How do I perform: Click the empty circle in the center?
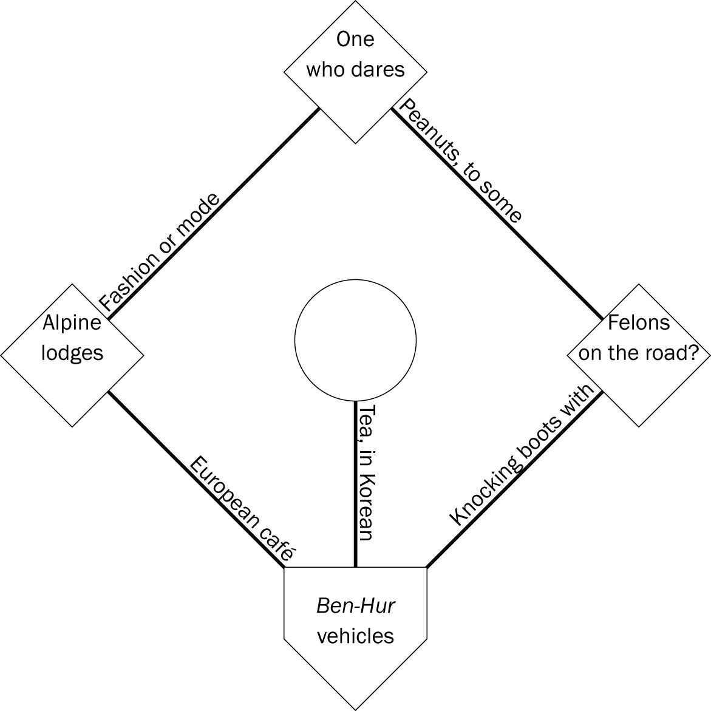pyautogui.click(x=355, y=341)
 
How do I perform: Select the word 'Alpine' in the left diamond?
pyautogui.click(x=72, y=322)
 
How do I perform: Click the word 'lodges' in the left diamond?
pyautogui.click(x=72, y=353)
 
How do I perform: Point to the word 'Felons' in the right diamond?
pyautogui.click(x=639, y=322)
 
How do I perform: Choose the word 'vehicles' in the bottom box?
pyautogui.click(x=355, y=636)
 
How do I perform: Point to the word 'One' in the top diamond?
pyautogui.click(x=355, y=39)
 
